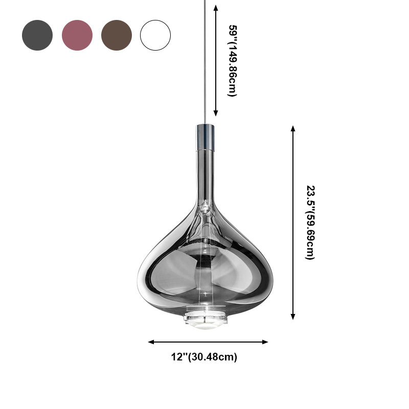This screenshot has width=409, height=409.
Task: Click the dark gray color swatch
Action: tap(37, 35)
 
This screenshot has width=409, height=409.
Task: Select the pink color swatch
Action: tap(77, 35)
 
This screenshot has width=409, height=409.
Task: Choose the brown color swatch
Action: tap(117, 35)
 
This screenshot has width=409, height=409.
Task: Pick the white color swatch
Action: tap(155, 35)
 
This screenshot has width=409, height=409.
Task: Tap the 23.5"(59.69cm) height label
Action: tap(309, 222)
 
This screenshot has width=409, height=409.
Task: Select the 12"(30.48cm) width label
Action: tap(204, 357)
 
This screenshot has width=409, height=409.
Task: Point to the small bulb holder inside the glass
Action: tap(205, 207)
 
